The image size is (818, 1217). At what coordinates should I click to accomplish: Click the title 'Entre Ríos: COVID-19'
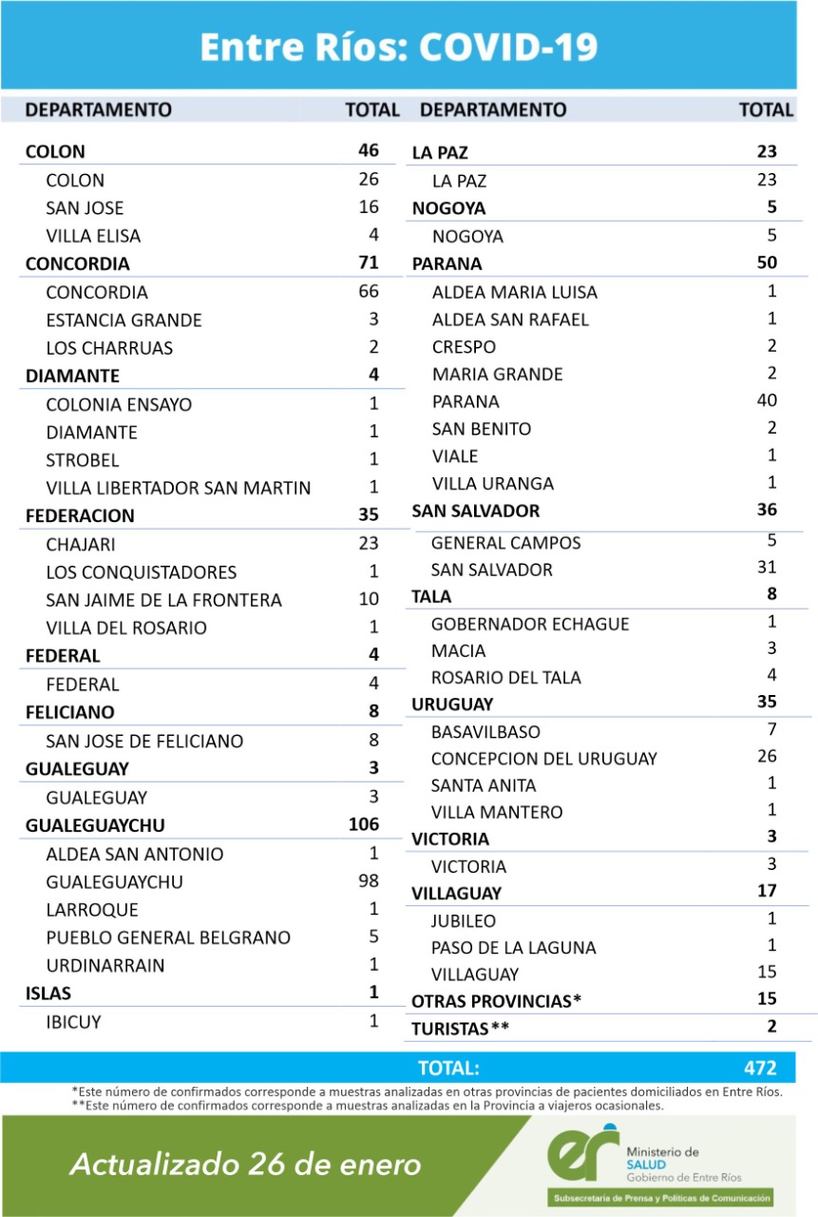[x=398, y=47]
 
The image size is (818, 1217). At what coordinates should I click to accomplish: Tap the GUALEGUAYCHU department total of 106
[x=363, y=824]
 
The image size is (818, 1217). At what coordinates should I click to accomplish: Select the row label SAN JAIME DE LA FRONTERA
[x=163, y=600]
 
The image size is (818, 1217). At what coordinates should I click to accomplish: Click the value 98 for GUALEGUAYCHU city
[x=368, y=881]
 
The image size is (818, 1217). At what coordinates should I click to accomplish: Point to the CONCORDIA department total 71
[x=369, y=262]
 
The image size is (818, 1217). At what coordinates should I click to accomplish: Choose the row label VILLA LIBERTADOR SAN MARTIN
[x=178, y=488]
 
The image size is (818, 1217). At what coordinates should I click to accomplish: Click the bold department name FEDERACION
[x=80, y=515]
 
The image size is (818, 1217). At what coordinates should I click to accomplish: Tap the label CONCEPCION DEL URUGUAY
[x=543, y=759]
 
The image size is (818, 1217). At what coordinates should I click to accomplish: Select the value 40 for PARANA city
[x=766, y=401]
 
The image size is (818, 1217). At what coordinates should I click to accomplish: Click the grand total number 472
[x=761, y=1067]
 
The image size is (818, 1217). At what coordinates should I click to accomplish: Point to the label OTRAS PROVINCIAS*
[x=496, y=1001]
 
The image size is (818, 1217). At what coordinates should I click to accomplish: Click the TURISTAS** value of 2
[x=771, y=1026]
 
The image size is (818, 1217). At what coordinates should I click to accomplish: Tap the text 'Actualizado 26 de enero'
[x=245, y=1164]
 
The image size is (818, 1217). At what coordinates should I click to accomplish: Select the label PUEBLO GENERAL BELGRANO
[x=168, y=937]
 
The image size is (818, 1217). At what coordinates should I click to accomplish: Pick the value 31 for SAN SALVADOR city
[x=767, y=568]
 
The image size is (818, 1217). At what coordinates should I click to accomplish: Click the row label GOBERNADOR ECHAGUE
[x=529, y=624]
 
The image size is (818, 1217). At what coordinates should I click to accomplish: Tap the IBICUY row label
[x=73, y=1022]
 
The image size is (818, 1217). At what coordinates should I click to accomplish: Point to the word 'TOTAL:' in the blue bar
[x=448, y=1067]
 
